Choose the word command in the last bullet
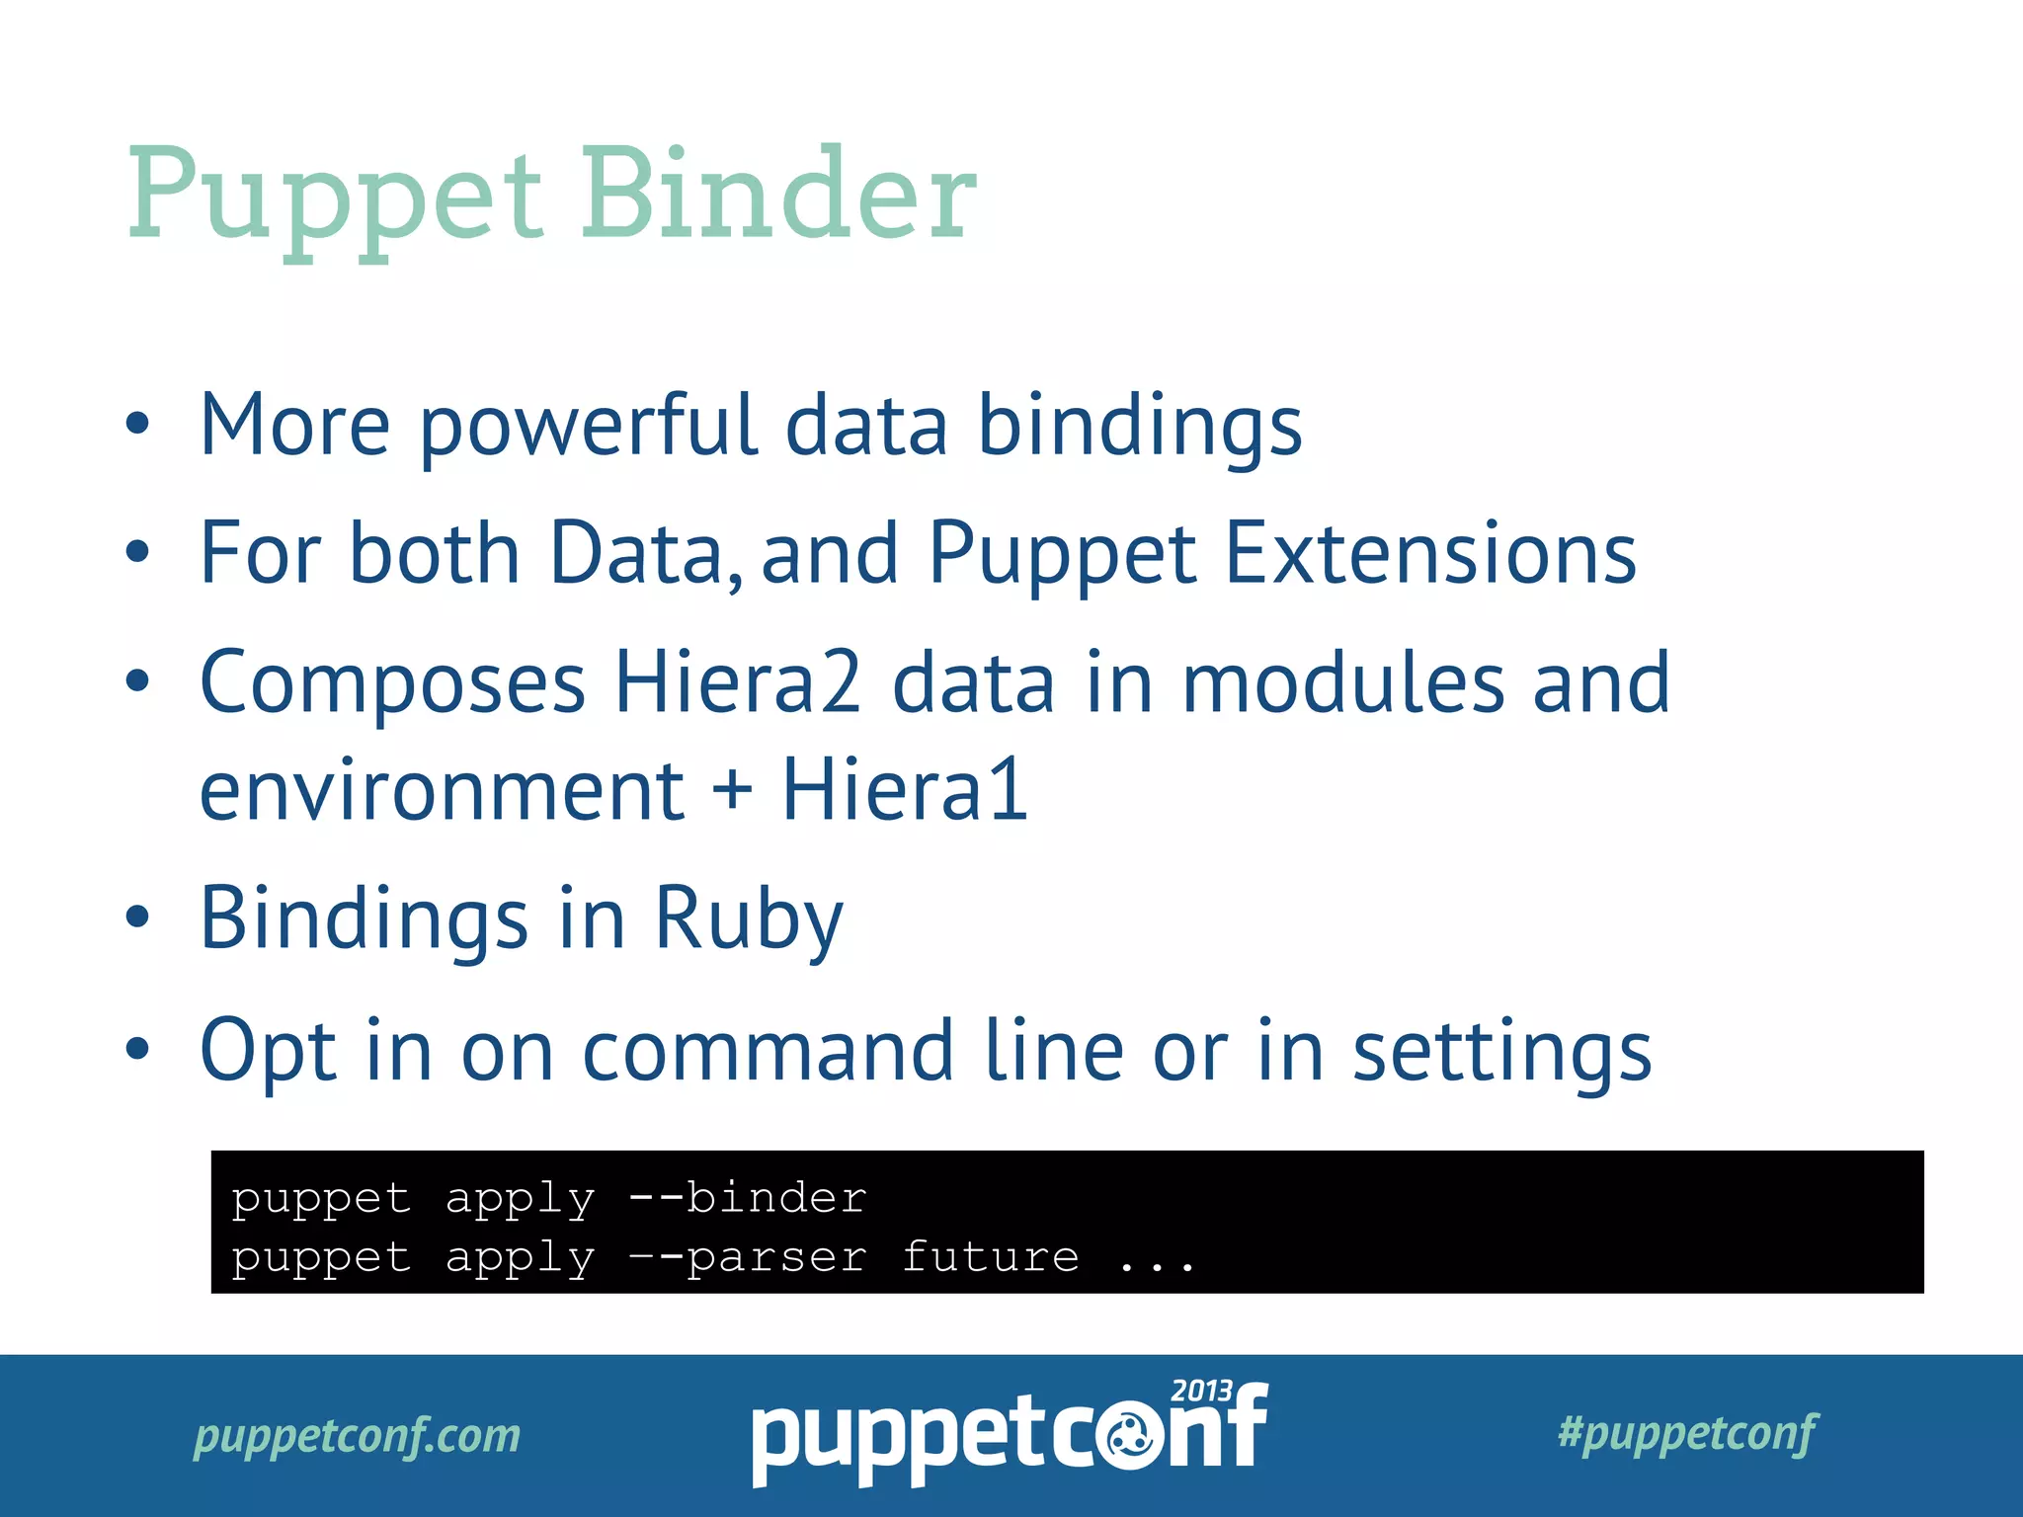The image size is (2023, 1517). pyautogui.click(x=769, y=1051)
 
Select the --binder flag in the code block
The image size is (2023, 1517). pyautogui.click(x=748, y=1198)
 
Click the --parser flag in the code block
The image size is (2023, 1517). pyautogui.click(x=748, y=1257)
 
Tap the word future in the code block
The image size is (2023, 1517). pyautogui.click(x=991, y=1256)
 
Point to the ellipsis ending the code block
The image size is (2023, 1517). pyautogui.click(x=1157, y=1262)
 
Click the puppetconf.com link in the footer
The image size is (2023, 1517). pyautogui.click(x=357, y=1435)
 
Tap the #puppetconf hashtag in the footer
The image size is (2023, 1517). pyautogui.click(x=1687, y=1432)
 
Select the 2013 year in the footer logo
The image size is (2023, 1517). pyautogui.click(x=1200, y=1391)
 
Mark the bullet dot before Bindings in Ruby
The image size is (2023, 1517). pyautogui.click(x=138, y=916)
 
